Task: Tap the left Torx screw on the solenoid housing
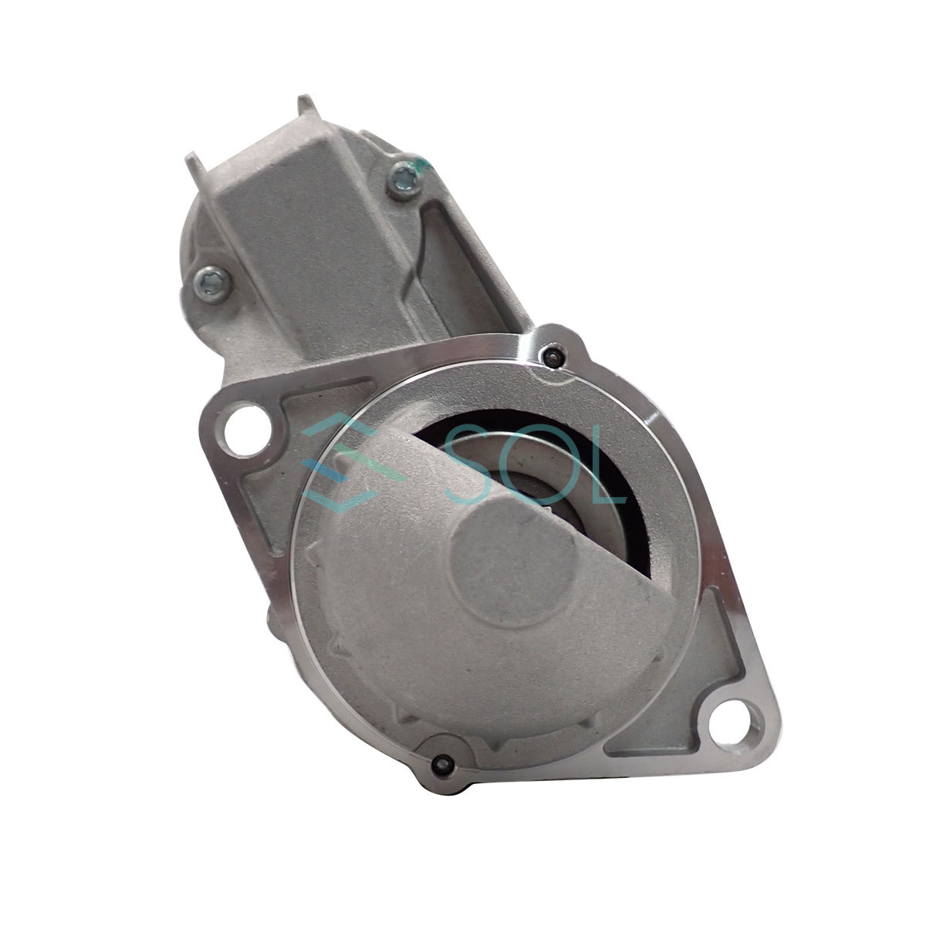212,285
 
